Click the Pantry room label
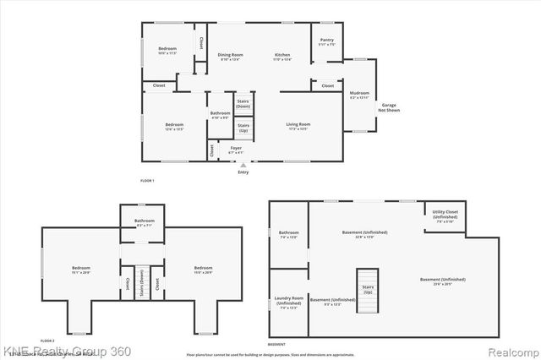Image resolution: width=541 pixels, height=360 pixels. [326, 40]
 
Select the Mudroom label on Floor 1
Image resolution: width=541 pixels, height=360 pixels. [359, 95]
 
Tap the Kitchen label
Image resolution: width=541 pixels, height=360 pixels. [282, 56]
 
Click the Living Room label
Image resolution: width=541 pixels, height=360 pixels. [298, 126]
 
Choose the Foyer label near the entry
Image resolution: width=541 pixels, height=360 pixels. [236, 150]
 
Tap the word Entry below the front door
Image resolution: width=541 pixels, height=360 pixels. [243, 172]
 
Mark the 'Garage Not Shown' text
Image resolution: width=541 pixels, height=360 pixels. [388, 107]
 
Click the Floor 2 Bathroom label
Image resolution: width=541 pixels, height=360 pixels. [144, 223]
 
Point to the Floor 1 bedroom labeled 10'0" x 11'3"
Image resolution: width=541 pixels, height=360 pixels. [167, 49]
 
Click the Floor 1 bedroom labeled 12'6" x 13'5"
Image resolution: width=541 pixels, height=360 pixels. [173, 127]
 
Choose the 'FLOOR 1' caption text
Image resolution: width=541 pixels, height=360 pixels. [147, 181]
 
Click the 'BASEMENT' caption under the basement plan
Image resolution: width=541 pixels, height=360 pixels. [276, 344]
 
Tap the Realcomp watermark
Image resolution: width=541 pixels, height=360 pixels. [509, 351]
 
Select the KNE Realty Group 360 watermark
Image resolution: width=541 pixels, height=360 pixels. [55, 350]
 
